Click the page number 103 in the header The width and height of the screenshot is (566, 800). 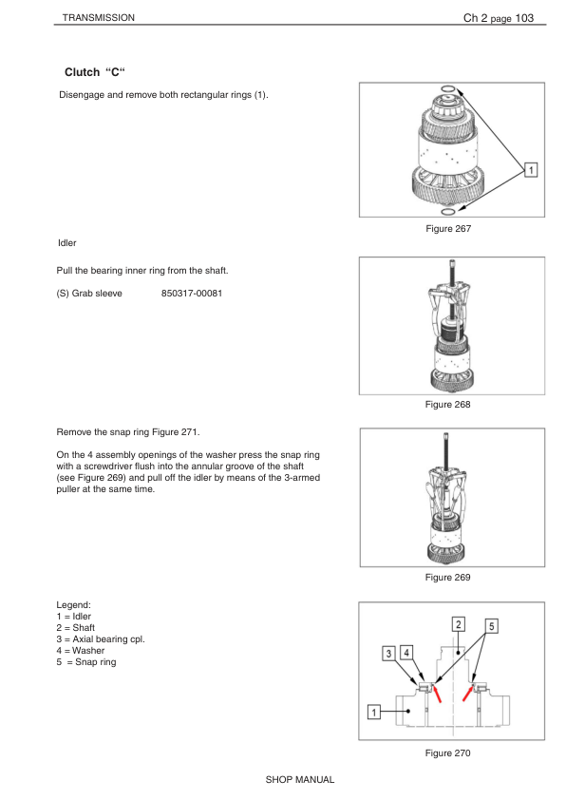[524, 18]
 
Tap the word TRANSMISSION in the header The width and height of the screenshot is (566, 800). [99, 18]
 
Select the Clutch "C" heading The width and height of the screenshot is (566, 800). [95, 72]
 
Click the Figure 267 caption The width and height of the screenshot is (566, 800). [448, 229]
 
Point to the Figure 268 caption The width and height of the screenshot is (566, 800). [447, 404]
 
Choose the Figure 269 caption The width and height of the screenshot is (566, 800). [447, 577]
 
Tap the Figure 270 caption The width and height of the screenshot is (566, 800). [447, 753]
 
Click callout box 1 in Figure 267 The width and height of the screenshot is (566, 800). [531, 170]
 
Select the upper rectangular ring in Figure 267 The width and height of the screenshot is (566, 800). [447, 89]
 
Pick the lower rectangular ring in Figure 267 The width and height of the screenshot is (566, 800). [447, 211]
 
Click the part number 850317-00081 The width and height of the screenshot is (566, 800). [192, 294]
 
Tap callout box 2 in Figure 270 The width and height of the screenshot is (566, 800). [459, 624]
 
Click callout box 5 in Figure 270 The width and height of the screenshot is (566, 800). [492, 626]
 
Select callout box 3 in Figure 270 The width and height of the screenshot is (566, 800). [389, 654]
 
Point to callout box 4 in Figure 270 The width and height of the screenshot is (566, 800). [406, 653]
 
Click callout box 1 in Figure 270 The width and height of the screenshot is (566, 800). [374, 712]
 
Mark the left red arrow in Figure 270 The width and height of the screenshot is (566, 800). [437, 694]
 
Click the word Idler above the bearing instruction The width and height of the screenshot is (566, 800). [66, 243]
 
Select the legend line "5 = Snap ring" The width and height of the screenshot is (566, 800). [86, 661]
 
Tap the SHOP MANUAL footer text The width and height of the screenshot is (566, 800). [300, 780]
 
